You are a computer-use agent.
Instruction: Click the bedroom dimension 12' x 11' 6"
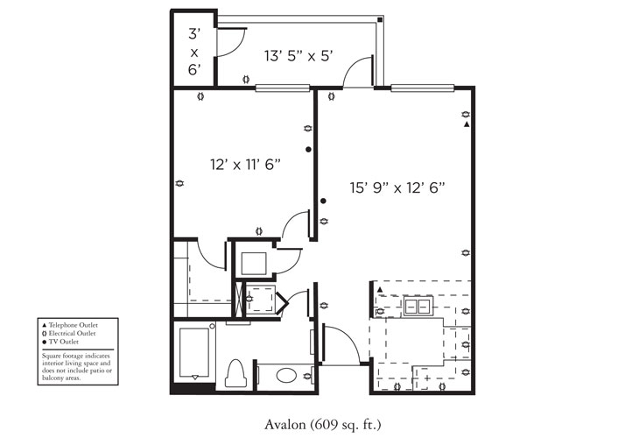click(x=244, y=164)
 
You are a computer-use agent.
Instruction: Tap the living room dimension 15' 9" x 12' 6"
click(x=398, y=187)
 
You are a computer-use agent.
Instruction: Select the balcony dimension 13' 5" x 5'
click(x=300, y=57)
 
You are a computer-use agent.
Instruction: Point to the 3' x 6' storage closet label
click(x=193, y=51)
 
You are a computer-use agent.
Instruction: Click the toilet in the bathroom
click(x=234, y=373)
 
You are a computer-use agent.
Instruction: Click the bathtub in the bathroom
click(x=194, y=351)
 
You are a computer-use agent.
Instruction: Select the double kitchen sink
click(x=418, y=306)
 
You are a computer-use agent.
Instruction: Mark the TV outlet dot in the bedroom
click(x=308, y=150)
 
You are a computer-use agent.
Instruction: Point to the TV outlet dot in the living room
click(x=323, y=201)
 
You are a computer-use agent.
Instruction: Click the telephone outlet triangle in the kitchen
click(x=380, y=288)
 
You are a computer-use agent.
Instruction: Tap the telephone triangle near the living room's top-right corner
click(x=466, y=125)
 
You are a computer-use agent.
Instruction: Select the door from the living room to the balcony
click(x=359, y=72)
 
